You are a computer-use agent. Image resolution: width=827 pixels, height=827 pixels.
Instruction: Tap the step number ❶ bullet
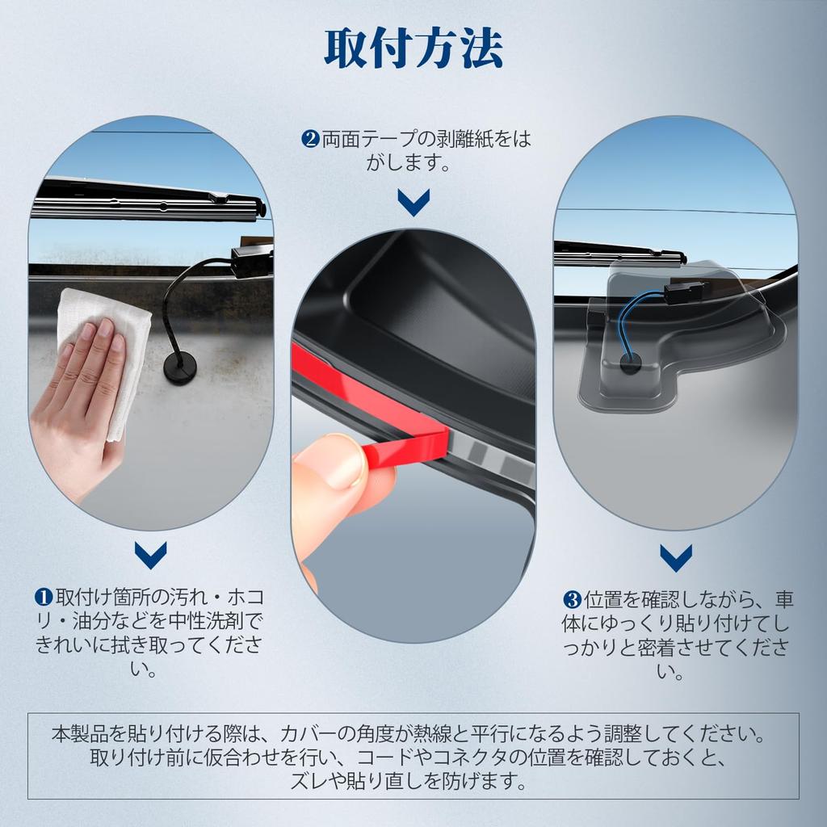43,598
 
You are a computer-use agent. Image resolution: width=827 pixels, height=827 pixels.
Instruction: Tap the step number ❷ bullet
310,140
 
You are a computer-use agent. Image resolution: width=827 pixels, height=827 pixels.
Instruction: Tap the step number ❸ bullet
572,600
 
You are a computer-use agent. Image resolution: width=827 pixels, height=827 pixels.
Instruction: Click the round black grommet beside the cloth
179,367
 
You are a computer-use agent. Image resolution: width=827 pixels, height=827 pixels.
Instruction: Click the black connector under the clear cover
682,291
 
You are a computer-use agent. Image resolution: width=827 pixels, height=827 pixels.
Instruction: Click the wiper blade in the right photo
618,254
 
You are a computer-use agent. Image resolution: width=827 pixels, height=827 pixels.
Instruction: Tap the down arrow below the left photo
151,554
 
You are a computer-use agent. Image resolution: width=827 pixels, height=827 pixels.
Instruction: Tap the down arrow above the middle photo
413,202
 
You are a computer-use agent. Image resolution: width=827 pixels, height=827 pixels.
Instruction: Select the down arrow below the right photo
675,556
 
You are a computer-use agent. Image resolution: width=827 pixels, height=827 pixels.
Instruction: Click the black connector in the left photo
250,262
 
